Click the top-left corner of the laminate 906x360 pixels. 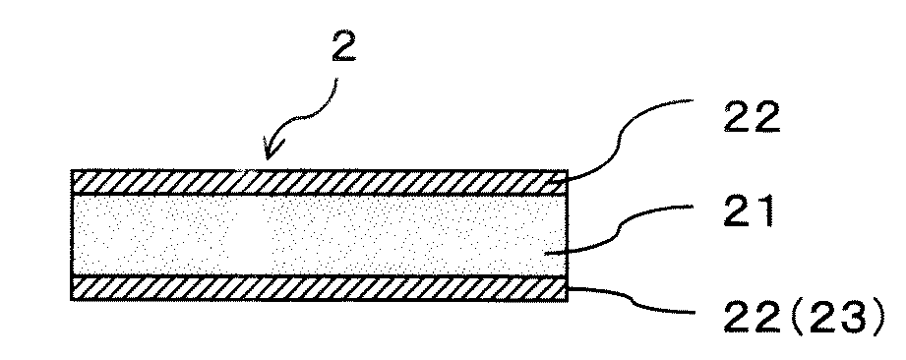(x=74, y=171)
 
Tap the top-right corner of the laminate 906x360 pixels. (x=569, y=171)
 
